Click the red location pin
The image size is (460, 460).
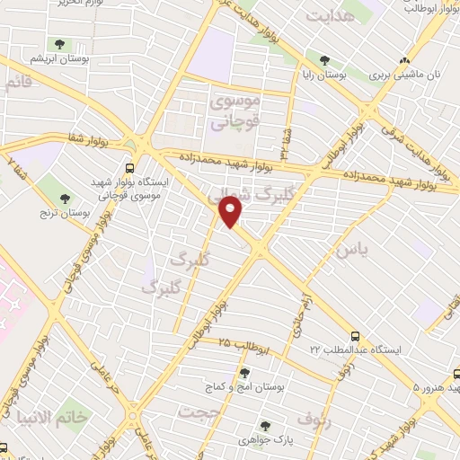[x=231, y=211]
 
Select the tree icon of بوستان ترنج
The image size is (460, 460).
[x=65, y=198]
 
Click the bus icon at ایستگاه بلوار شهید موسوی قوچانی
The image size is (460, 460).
[x=132, y=167]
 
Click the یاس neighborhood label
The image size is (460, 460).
[x=349, y=252]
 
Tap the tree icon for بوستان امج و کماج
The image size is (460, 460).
[x=244, y=373]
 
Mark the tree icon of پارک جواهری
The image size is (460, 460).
[x=264, y=426]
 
